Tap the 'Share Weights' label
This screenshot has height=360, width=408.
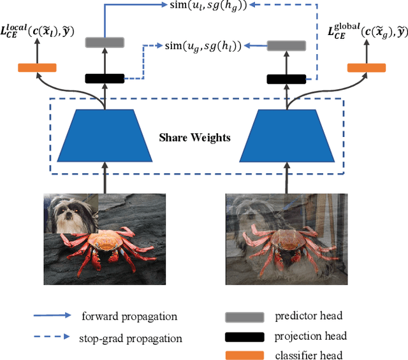(x=196, y=136)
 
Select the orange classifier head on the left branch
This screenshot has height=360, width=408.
(x=37, y=68)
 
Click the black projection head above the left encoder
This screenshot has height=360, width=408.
(x=104, y=78)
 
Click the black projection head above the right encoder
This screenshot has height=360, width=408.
(x=287, y=79)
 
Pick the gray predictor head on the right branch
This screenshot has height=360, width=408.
(x=287, y=46)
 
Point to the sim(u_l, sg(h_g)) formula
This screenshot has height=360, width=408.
(x=199, y=6)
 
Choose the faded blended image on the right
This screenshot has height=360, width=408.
(x=288, y=238)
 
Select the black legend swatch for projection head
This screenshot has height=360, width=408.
(x=244, y=336)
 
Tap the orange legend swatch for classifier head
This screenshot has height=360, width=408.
(x=244, y=355)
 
